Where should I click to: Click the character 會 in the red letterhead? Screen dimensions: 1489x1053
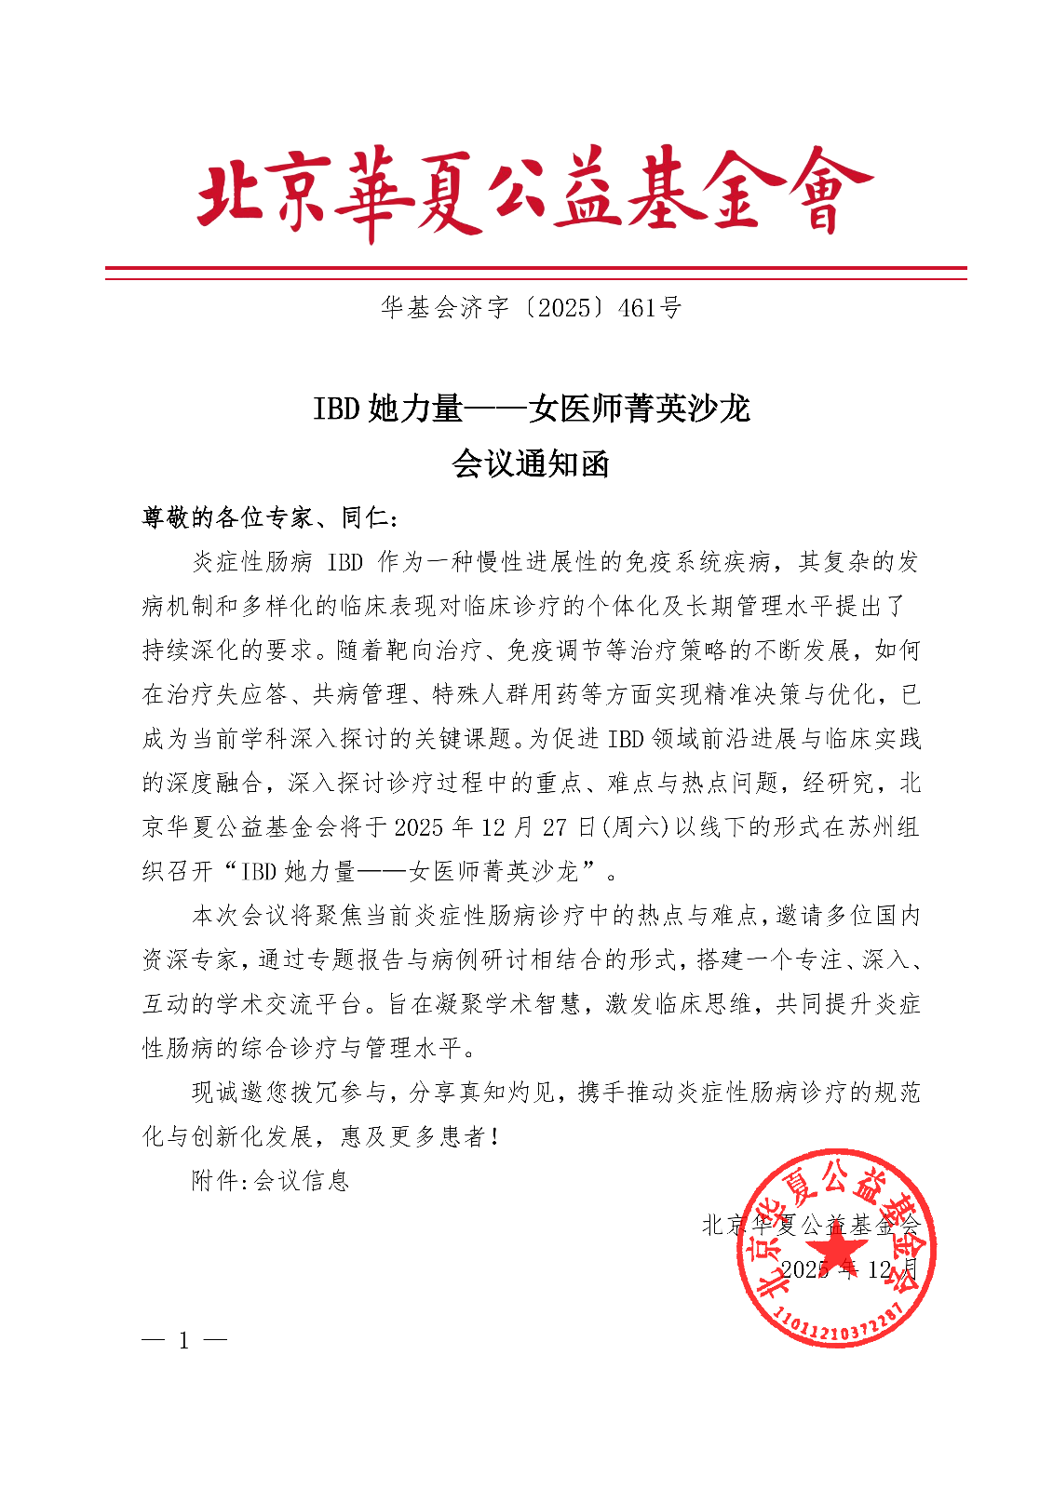pos(822,193)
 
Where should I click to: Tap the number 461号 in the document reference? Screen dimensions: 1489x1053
pos(649,308)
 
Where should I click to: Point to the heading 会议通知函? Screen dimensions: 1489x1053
pos(530,463)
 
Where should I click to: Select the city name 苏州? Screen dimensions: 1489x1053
pos(870,826)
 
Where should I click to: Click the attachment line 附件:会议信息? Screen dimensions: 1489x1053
pos(270,1181)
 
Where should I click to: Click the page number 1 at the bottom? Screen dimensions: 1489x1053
pos(184,1341)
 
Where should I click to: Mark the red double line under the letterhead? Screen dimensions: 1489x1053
pos(535,273)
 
